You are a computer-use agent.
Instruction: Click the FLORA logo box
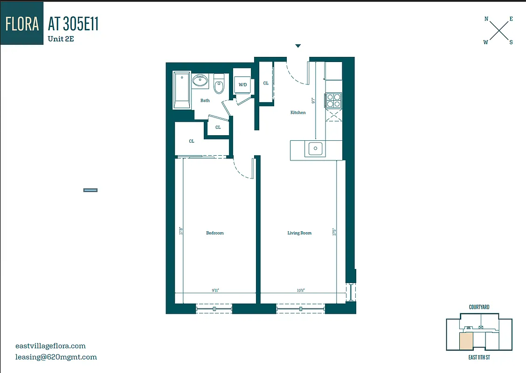pyautogui.click(x=22, y=23)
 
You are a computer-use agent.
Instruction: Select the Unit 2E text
pyautogui.click(x=61, y=39)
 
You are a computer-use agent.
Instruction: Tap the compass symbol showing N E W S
pyautogui.click(x=498, y=31)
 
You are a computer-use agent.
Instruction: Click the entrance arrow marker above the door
pyautogui.click(x=298, y=46)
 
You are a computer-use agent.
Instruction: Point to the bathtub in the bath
pyautogui.click(x=181, y=90)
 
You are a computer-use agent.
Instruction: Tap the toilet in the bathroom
pyautogui.click(x=219, y=85)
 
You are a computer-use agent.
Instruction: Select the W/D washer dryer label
pyautogui.click(x=242, y=85)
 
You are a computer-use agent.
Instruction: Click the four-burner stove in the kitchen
pyautogui.click(x=333, y=100)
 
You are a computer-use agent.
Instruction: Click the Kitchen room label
pyautogui.click(x=298, y=112)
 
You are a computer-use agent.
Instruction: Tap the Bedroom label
pyautogui.click(x=215, y=233)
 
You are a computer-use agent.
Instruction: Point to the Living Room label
pyautogui.click(x=299, y=233)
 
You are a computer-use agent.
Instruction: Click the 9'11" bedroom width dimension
pyautogui.click(x=215, y=290)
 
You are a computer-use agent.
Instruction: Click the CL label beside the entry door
pyautogui.click(x=266, y=83)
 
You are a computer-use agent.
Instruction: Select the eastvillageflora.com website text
pyautogui.click(x=50, y=346)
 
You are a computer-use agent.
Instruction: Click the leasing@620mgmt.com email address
pyautogui.click(x=56, y=357)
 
